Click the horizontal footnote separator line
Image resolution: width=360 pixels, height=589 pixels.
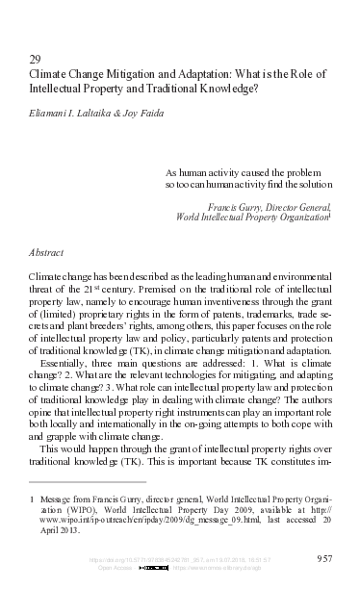(88, 481)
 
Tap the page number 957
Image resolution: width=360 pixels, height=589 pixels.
(324, 558)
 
